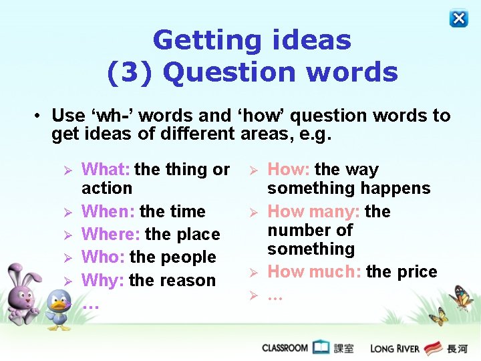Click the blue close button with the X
pos(459,18)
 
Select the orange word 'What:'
pos(106,170)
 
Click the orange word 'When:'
pos(108,212)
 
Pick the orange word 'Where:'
pos(110,235)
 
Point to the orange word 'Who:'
pos(104,257)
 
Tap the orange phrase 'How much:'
pos(315,272)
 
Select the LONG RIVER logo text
pos(395,348)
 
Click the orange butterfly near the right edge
pos(460,297)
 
